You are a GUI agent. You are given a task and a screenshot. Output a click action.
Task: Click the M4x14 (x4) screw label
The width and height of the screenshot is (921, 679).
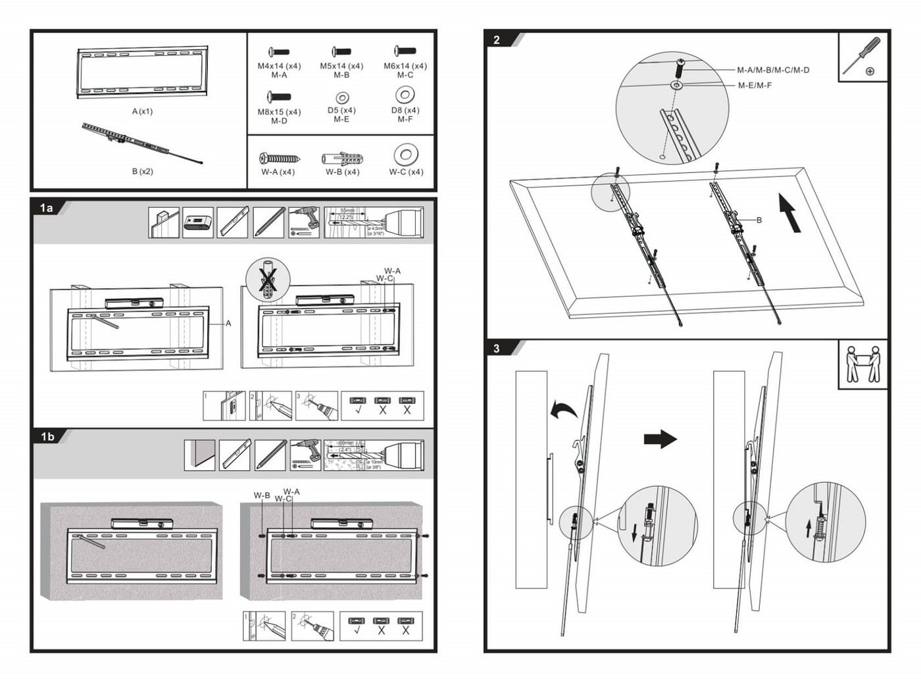(279, 66)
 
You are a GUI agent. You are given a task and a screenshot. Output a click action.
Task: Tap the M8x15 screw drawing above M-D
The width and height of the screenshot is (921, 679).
(279, 97)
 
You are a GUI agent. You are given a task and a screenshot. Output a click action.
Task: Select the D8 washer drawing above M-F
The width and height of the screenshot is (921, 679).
(405, 95)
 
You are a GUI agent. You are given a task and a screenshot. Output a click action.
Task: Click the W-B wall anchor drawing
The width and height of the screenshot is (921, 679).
(342, 159)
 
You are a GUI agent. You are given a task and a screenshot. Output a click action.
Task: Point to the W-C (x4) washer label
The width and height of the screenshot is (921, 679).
(406, 172)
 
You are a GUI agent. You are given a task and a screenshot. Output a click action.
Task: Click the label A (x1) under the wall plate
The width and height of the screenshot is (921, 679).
(142, 111)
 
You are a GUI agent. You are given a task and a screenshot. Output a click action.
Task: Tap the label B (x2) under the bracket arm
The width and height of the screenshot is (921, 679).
(142, 172)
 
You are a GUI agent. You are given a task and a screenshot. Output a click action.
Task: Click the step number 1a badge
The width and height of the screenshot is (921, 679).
(46, 209)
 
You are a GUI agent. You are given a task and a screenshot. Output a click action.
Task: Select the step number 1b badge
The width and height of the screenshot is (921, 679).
(47, 437)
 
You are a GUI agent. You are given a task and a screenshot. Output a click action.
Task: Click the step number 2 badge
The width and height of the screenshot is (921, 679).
(497, 40)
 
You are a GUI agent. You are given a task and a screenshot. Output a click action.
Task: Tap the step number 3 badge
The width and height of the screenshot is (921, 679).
(497, 349)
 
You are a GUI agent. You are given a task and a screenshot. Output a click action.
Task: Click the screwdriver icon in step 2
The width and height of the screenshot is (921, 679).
(862, 57)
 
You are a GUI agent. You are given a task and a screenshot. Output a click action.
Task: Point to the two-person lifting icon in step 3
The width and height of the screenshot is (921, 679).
(863, 364)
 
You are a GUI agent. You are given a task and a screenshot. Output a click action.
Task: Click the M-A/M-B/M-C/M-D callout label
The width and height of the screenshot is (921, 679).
(773, 70)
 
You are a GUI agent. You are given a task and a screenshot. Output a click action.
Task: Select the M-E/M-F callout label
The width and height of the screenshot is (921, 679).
(755, 86)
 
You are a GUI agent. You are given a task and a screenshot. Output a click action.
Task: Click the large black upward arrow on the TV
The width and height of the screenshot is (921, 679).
(789, 212)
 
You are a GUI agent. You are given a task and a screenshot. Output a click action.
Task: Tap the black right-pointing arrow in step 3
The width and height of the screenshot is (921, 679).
(660, 439)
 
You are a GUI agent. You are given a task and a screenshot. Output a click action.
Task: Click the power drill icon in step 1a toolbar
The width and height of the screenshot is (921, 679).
(304, 222)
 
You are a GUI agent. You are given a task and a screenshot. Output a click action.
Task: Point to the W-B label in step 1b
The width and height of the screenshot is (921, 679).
(262, 495)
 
